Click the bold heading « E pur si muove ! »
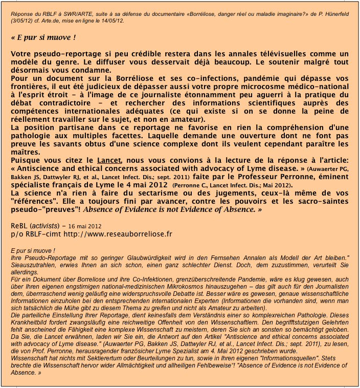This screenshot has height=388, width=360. click(43, 38)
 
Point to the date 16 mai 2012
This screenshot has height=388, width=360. click(84, 225)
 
